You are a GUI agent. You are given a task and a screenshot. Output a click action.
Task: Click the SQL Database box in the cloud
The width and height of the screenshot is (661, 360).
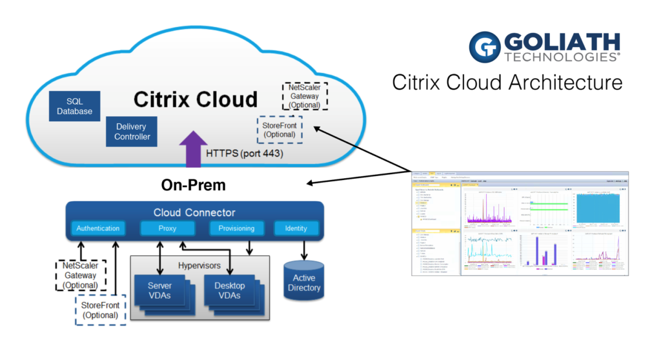(x=74, y=106)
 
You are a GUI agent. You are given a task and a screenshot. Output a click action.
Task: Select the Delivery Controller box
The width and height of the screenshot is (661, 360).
(x=132, y=131)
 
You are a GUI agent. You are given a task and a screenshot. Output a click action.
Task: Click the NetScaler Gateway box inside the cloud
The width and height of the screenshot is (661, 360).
(x=305, y=95)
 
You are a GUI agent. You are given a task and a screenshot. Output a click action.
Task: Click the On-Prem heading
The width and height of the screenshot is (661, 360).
(x=194, y=186)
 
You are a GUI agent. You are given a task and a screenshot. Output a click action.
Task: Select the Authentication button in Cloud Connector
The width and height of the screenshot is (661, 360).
(x=97, y=228)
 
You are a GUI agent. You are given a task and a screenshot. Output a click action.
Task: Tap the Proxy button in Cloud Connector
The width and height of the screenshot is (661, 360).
(x=163, y=228)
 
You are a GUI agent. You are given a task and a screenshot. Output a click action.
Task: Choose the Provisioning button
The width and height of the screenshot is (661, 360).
(x=236, y=228)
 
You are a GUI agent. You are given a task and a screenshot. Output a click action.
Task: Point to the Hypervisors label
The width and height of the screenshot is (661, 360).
(x=199, y=265)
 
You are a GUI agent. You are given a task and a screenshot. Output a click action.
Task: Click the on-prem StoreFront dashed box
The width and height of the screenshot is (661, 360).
(x=100, y=310)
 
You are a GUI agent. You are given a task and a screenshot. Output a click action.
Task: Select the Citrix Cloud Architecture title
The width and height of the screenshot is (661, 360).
(x=507, y=83)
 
